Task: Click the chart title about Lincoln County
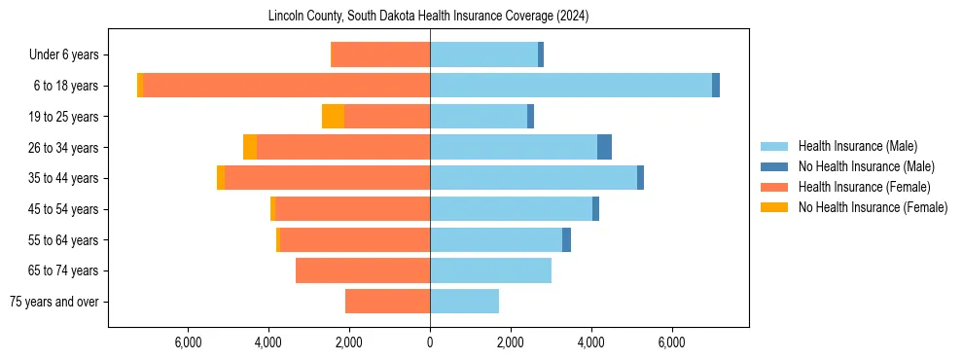tap(428, 17)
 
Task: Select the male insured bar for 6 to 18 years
tap(571, 86)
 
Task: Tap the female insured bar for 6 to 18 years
tap(287, 86)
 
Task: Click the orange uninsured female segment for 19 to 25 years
tap(333, 117)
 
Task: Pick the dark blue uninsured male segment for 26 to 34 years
tap(604, 147)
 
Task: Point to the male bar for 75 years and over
tap(464, 302)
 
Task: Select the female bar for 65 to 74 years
tap(363, 270)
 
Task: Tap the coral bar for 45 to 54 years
tap(353, 209)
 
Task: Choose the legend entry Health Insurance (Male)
tap(857, 146)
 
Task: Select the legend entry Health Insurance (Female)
tap(864, 187)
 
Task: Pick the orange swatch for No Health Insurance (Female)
tap(774, 207)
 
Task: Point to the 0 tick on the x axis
tap(430, 342)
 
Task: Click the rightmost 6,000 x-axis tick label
tap(672, 342)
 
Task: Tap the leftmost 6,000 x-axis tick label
tap(188, 342)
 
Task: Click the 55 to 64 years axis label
tap(63, 240)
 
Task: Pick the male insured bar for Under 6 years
tap(483, 54)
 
